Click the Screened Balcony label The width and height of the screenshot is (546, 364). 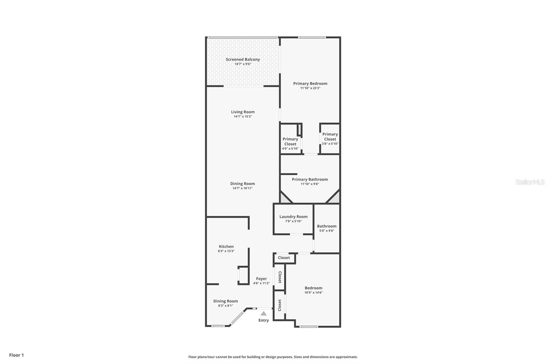click(x=243, y=59)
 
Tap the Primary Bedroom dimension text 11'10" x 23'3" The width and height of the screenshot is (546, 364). click(x=310, y=88)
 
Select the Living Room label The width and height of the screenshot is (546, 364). click(x=243, y=112)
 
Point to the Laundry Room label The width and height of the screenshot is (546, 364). click(x=293, y=216)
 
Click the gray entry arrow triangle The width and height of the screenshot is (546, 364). click(x=263, y=313)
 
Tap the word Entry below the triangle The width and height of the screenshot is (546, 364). click(x=263, y=320)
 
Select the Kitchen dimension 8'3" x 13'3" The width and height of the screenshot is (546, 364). click(x=226, y=251)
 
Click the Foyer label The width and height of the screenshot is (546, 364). click(x=261, y=279)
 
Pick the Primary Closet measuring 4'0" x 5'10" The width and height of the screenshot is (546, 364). click(x=290, y=141)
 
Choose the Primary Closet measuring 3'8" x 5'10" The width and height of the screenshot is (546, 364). click(x=330, y=137)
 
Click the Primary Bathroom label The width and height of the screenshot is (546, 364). click(x=310, y=179)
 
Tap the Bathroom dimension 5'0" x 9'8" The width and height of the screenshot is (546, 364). click(x=327, y=231)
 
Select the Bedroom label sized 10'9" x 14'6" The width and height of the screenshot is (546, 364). click(x=313, y=288)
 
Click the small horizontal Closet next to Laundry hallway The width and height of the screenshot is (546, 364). click(x=284, y=258)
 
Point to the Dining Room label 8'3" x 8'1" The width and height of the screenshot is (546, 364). click(x=226, y=301)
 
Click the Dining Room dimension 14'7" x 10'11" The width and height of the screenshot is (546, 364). click(x=243, y=188)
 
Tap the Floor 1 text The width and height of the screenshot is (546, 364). click(x=16, y=355)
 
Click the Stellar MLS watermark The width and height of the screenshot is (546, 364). click(x=530, y=182)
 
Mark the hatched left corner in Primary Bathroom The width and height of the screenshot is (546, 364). click(x=284, y=198)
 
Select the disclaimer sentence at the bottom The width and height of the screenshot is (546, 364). click(x=273, y=357)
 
